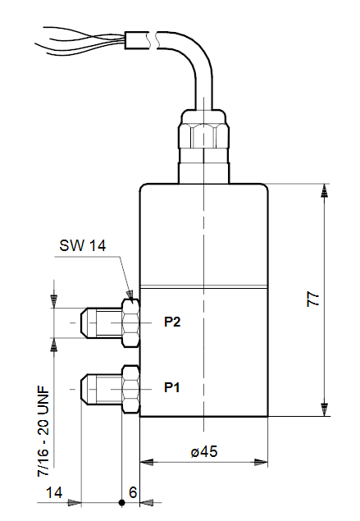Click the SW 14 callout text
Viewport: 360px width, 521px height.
[83, 246]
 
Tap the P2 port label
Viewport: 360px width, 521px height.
[172, 322]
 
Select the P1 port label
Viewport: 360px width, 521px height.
[172, 387]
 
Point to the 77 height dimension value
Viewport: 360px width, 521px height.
[313, 299]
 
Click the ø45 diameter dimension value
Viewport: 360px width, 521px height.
[204, 451]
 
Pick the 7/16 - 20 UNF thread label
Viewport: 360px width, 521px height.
[43, 432]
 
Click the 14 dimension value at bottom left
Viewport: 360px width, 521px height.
[54, 492]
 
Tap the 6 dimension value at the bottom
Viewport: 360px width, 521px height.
[133, 492]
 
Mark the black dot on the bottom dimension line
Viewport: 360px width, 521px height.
[122, 503]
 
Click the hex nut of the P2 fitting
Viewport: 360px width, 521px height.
[130, 323]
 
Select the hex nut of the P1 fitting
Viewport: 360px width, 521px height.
[130, 389]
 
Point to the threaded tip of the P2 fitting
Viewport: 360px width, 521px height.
[101, 323]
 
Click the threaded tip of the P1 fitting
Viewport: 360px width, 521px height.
[101, 389]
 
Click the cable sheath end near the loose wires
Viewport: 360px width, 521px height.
[136, 40]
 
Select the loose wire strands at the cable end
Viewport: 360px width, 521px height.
[80, 41]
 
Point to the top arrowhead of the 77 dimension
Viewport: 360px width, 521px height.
[324, 190]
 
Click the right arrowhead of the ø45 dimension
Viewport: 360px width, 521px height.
[261, 462]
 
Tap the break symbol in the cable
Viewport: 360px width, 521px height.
[153, 40]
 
